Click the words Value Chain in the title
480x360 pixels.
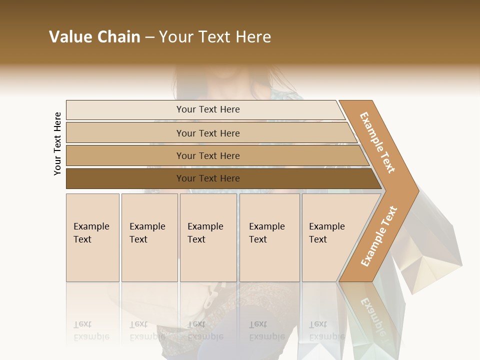[94, 37]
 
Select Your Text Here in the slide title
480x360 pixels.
[215, 37]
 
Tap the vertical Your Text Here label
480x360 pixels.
[57, 143]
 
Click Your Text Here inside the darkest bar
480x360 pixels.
[208, 178]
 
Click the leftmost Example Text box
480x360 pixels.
[92, 237]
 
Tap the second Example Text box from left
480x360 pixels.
[149, 237]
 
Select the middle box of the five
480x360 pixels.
[208, 237]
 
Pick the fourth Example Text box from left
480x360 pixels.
[269, 237]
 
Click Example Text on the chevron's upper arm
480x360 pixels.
[377, 142]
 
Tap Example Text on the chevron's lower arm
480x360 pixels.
[379, 236]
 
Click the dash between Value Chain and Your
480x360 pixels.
[149, 37]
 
